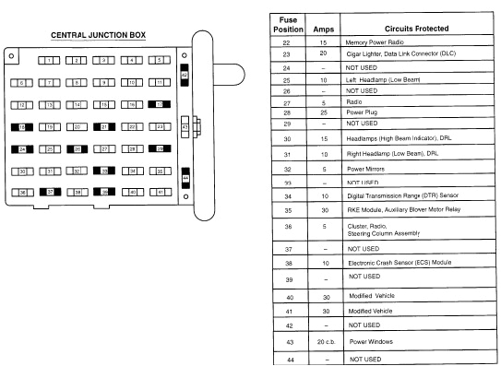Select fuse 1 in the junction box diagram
49,61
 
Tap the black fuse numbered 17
161,105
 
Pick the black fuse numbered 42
185,76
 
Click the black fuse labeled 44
185,178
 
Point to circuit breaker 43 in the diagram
185,127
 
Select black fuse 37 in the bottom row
49,193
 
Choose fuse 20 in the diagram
78,127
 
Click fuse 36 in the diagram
21,193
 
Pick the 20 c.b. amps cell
323,341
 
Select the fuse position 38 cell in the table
287,261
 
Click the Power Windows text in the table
369,341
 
